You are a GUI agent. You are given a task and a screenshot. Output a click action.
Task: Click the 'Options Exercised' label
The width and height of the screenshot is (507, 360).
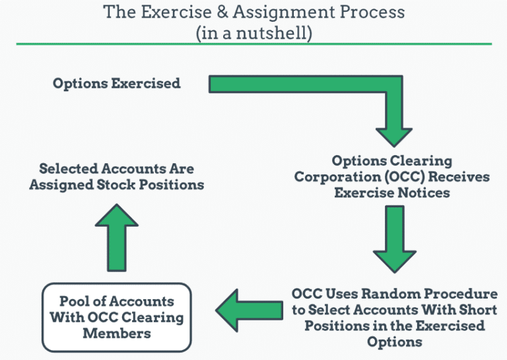[x=116, y=84]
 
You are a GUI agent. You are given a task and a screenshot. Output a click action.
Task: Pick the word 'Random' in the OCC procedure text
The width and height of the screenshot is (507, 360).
[x=411, y=294]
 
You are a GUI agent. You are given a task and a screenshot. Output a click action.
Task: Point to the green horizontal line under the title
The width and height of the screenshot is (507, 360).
[x=253, y=44]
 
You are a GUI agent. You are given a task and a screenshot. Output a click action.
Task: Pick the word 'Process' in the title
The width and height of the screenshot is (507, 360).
[x=373, y=13]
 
